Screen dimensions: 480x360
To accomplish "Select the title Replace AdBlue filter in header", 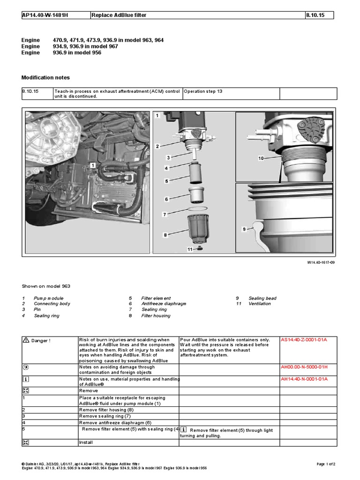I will click(120, 15).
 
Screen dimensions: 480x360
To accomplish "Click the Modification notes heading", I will click(46, 77).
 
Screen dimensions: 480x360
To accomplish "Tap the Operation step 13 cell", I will click(203, 91).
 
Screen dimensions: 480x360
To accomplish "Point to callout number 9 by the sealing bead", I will click(244, 229).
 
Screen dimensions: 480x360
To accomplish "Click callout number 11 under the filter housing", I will click(190, 250).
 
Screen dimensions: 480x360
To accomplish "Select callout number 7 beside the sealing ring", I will click(164, 214).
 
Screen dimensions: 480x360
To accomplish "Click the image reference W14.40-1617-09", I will click(321, 263).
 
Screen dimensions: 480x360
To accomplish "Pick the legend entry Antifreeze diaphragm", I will click(164, 304).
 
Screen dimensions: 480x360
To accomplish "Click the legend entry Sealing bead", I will click(262, 298).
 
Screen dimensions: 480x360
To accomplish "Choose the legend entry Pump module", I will click(49, 298).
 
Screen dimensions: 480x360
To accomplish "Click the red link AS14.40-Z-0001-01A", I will click(304, 339).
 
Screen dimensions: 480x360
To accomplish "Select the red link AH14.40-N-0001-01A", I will click(304, 379).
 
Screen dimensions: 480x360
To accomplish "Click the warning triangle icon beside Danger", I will click(26, 340).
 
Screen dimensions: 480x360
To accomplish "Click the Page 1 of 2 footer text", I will click(326, 464).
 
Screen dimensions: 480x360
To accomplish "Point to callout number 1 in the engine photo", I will click(93, 165).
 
